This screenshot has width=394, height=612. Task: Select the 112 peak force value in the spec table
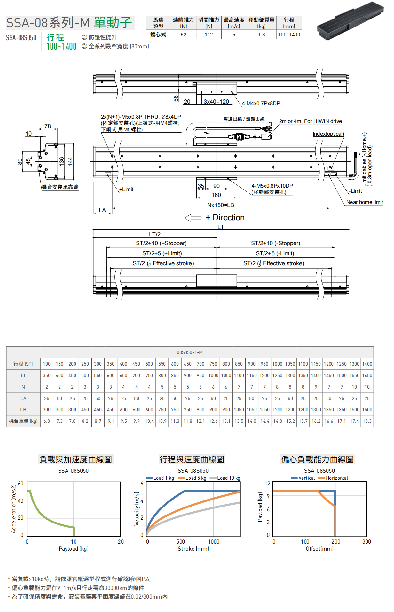[x=209, y=35]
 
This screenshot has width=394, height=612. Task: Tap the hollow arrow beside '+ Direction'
[x=193, y=218]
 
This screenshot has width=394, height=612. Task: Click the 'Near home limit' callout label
[x=364, y=202]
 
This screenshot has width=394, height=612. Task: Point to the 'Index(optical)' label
[x=328, y=134]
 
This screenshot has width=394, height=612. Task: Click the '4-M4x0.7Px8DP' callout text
[x=261, y=104]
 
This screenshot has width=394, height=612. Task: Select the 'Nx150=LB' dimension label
[x=221, y=205]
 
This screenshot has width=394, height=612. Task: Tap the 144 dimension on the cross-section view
[x=70, y=161]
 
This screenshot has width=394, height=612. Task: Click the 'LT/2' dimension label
[x=155, y=235]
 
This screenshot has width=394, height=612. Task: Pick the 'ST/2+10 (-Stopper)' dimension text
[x=275, y=244]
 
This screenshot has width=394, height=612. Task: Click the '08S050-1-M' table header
[x=190, y=352]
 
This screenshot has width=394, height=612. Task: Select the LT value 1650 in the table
[x=367, y=376]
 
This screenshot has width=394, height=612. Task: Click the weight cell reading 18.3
[x=367, y=421]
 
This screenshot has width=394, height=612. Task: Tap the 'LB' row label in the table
[x=23, y=410]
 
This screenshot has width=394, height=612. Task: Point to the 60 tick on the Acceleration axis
[x=20, y=484]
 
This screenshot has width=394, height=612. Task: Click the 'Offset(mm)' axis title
[x=319, y=549]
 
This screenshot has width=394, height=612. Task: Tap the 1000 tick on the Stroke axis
[x=214, y=542]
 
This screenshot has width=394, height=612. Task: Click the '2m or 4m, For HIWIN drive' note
[x=310, y=121]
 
